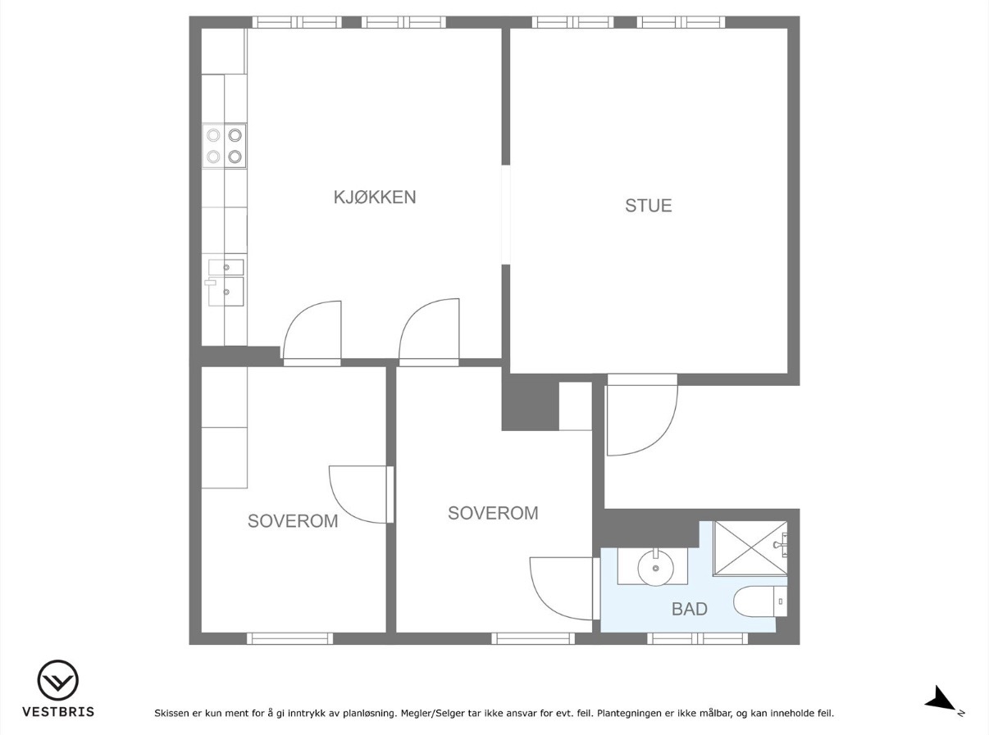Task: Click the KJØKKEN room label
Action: coord(375,197)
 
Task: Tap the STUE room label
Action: coord(649,206)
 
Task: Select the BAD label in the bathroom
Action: coord(690,609)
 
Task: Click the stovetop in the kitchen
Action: coord(224,146)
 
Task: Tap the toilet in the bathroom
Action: coord(760,601)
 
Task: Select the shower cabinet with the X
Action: coord(750,548)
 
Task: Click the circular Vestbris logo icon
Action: coord(58,680)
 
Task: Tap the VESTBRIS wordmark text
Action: coord(58,712)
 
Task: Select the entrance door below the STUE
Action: coord(642,415)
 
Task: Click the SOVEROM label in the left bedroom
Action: coord(293,521)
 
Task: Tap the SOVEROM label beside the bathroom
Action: coord(493,513)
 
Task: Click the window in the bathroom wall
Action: coord(697,639)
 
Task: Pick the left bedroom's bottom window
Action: coord(289,639)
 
